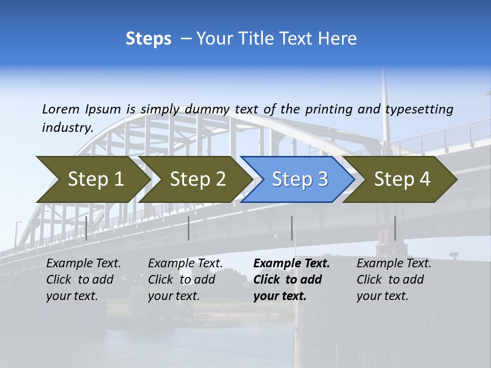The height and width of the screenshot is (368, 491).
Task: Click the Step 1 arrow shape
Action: (95, 179)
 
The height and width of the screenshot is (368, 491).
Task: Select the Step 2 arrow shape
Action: (197, 179)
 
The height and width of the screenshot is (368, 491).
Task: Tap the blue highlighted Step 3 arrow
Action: (299, 179)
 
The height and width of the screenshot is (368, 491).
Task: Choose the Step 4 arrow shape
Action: (401, 179)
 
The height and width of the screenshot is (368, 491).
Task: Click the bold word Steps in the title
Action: (148, 39)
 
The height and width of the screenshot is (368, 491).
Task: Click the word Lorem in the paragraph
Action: (60, 109)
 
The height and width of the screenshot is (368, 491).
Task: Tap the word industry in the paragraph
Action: (67, 128)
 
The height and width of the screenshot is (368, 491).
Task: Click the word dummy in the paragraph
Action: (209, 109)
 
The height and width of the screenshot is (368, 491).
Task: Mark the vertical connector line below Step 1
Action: (86, 228)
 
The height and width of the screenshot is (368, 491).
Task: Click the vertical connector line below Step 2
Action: (189, 228)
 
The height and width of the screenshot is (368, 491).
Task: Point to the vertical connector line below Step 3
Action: (292, 228)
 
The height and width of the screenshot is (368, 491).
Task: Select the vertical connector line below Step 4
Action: (395, 228)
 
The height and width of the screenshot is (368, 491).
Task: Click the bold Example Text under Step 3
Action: (292, 264)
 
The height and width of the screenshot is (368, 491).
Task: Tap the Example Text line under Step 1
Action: (83, 264)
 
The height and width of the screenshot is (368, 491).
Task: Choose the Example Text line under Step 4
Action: (394, 264)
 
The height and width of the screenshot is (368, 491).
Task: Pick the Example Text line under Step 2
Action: (185, 264)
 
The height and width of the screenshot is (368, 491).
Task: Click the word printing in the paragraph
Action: (326, 109)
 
